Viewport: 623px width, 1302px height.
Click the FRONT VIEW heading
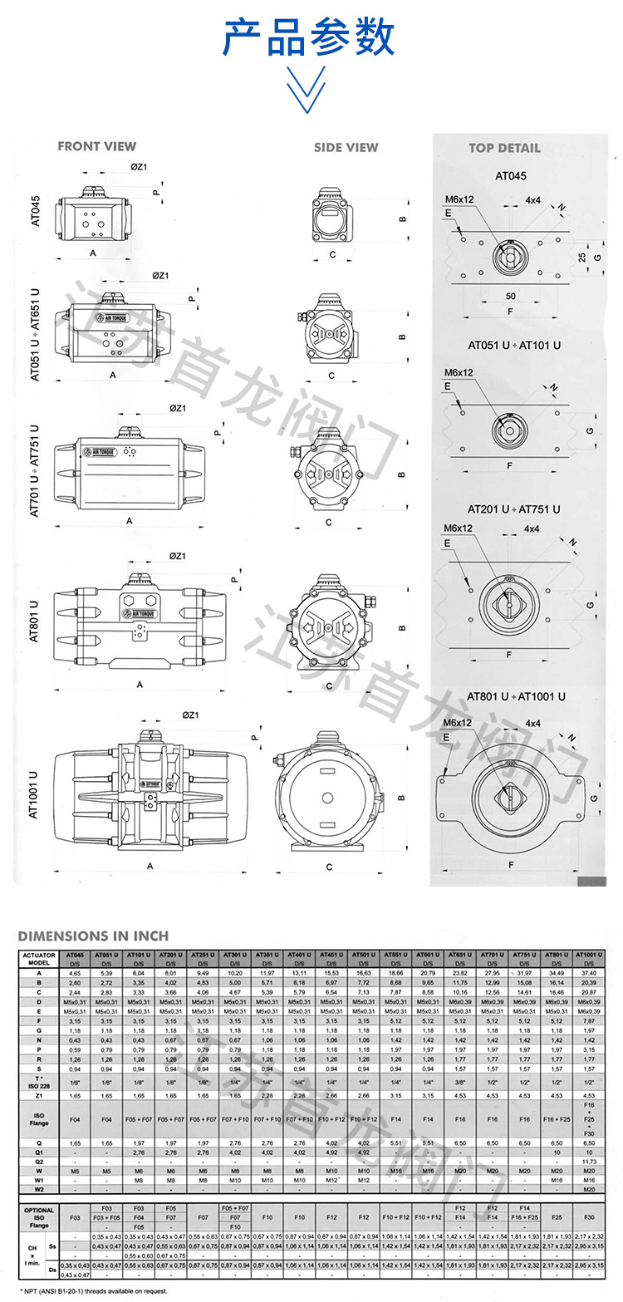96,147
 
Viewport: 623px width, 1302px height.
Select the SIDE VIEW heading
346,148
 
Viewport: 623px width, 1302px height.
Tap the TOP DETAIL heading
503,148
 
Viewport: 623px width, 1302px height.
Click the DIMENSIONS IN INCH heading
93,936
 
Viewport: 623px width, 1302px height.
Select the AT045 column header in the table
75,956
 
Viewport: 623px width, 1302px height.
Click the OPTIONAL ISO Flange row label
38,1217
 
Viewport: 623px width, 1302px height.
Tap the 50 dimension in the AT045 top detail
509,296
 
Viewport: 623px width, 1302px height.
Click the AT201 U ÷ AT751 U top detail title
513,509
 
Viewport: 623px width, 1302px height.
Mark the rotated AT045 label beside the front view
35,211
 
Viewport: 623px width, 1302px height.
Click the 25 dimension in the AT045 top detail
582,258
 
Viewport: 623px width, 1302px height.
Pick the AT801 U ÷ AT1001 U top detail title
515,696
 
